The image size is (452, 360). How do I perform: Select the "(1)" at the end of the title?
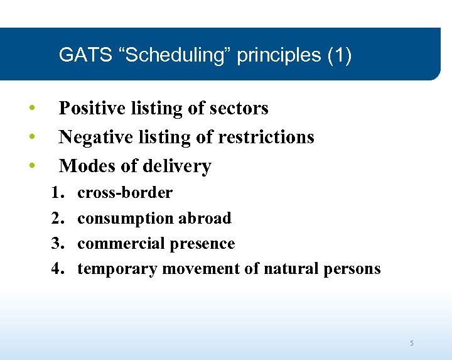[339, 55]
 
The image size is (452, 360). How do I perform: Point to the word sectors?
[238, 109]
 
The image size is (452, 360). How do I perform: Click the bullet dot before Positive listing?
[31, 108]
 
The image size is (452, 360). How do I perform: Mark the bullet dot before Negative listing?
[31, 136]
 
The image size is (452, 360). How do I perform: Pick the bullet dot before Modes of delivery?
[31, 165]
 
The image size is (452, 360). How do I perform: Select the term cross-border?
[124, 193]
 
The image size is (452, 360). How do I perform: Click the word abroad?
[205, 218]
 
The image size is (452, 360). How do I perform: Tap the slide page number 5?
[412, 343]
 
